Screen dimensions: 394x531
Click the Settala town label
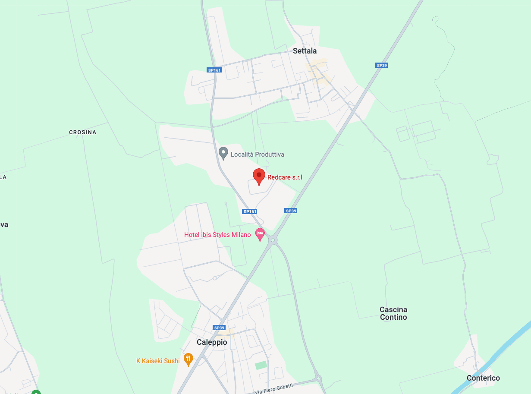pos(305,51)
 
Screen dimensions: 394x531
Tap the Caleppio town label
pos(211,342)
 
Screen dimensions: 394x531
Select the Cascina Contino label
pos(393,313)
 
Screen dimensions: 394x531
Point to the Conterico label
pos(483,378)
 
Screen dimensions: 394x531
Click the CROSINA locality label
pos(82,132)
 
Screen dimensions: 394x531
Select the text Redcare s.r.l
pos(285,177)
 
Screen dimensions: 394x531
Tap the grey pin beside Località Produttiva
pos(223,153)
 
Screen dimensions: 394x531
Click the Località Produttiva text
pos(257,154)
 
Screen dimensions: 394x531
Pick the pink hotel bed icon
pos(260,233)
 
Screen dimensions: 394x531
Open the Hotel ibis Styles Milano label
pos(217,235)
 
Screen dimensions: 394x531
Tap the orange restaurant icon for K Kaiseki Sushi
pos(188,359)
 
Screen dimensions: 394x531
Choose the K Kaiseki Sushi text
pos(158,361)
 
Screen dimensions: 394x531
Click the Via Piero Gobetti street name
pos(273,388)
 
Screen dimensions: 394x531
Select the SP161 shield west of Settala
pos(214,70)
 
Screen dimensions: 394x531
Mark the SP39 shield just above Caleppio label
pos(219,328)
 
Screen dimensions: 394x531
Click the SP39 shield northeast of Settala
pos(381,65)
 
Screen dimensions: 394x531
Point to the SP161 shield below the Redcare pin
pos(250,211)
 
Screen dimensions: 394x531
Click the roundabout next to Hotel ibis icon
pos(273,239)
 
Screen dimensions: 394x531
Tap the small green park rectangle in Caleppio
pos(261,365)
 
